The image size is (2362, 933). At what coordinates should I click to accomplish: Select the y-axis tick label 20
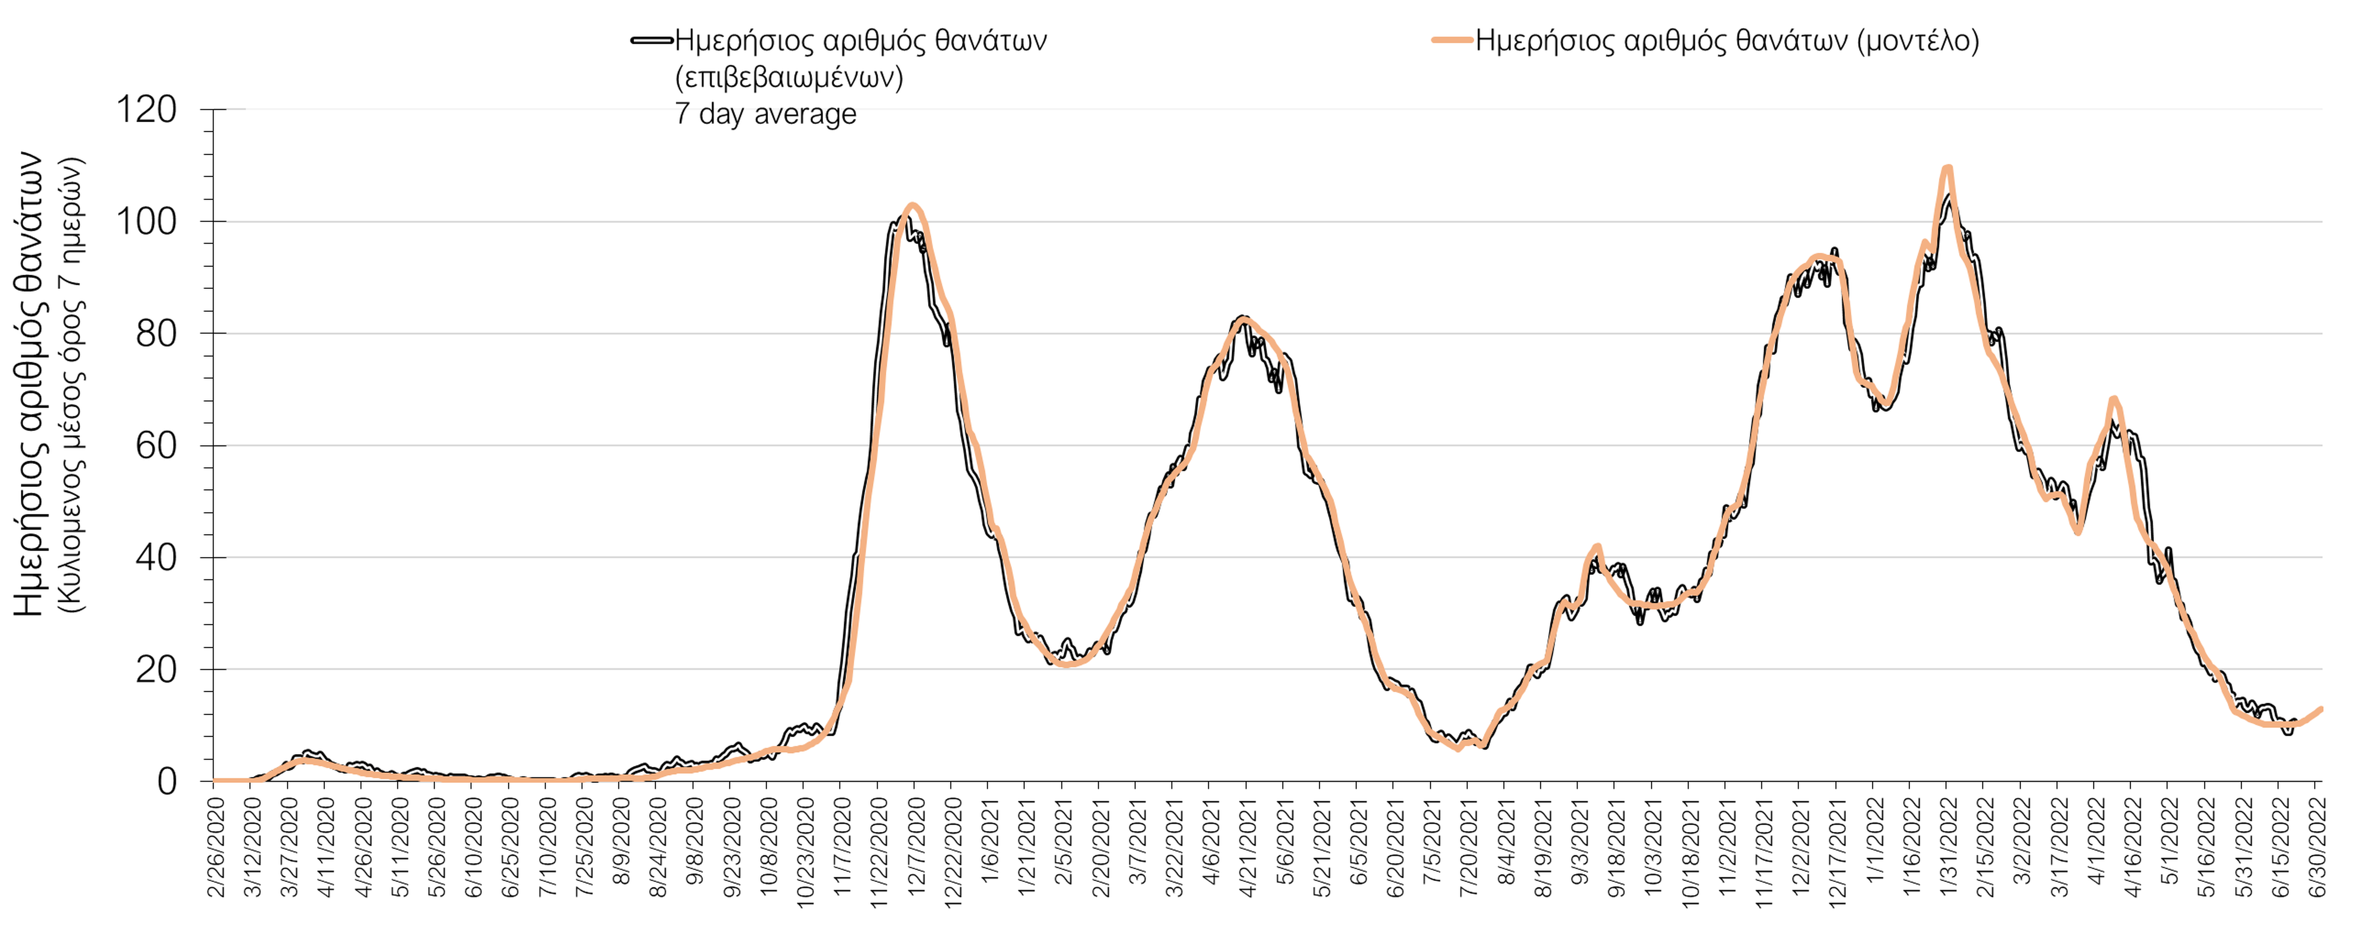156,670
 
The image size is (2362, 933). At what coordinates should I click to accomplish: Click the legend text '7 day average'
766,114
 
